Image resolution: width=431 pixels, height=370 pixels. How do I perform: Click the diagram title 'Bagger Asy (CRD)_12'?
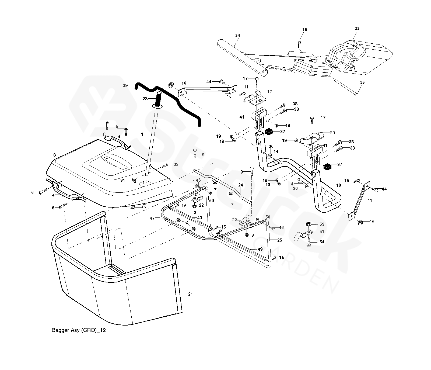coord(79,330)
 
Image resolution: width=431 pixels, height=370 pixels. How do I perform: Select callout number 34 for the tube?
coord(237,36)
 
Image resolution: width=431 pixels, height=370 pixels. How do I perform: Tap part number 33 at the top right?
coord(357,29)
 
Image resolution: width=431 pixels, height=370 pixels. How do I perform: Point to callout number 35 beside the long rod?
coord(362,82)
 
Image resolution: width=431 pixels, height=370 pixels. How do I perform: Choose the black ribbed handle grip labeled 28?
coord(159,100)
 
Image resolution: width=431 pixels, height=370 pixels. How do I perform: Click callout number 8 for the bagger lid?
coord(55,155)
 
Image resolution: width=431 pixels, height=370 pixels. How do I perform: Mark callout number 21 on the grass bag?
coord(190,294)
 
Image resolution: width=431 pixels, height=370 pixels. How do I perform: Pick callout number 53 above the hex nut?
coord(322,224)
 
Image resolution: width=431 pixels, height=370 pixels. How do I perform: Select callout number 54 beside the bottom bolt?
coord(322,242)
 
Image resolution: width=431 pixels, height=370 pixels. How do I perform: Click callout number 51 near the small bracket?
coord(322,231)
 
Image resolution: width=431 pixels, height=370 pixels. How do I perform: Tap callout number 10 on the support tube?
coord(338,185)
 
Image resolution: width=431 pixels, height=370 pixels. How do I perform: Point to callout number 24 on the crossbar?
coord(241,185)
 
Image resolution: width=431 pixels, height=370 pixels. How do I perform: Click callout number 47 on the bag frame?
coord(152,219)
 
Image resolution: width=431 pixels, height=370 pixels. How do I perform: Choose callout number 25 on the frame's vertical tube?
coord(279,240)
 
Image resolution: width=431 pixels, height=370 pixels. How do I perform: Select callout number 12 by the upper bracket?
coord(270,92)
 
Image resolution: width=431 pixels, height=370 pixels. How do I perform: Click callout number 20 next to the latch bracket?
coord(332,133)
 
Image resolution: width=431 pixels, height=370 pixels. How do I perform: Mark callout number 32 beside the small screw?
coord(176,165)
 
